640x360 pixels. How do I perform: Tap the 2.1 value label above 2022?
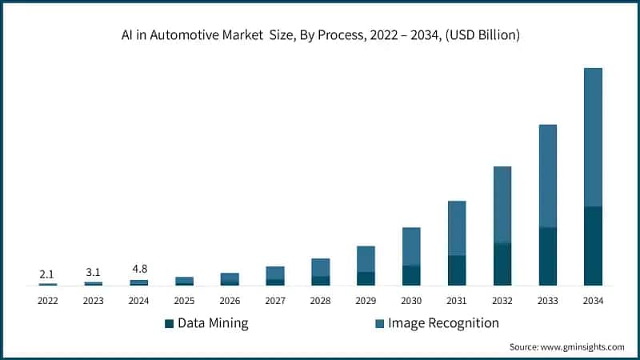[47, 274]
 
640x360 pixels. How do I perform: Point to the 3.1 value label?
[93, 273]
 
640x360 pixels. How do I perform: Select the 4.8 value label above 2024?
[138, 269]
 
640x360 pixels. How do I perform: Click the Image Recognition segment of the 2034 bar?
[593, 137]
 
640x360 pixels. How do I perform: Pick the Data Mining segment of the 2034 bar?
[593, 246]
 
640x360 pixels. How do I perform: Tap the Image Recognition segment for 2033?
[548, 176]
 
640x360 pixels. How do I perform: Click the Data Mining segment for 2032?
[502, 264]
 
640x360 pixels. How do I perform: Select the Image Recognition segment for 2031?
[457, 228]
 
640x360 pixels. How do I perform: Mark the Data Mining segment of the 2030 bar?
[411, 275]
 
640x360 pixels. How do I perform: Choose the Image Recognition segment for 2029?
[366, 258]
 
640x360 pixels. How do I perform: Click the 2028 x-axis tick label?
[320, 301]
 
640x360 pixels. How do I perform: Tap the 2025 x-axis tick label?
[184, 301]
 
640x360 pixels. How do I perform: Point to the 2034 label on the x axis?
[593, 301]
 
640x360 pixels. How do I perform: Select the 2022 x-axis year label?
[47, 301]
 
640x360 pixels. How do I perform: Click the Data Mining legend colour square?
[169, 324]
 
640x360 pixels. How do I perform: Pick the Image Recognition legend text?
[443, 323]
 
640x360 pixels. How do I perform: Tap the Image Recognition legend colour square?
[379, 324]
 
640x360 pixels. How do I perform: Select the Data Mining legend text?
[213, 323]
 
